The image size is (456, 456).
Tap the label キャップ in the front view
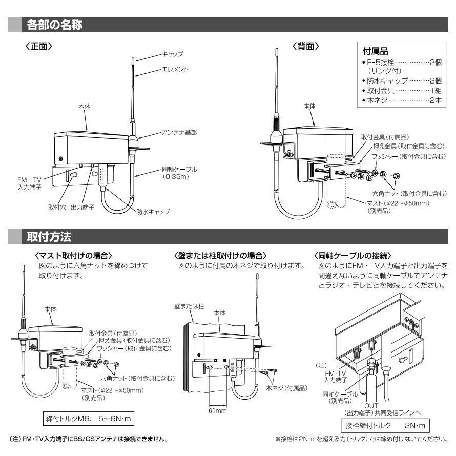click(x=172, y=53)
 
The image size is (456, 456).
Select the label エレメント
click(x=175, y=69)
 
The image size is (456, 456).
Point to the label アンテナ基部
click(x=179, y=132)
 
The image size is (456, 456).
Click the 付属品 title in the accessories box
click(x=375, y=52)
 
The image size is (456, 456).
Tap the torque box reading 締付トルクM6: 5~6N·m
click(x=90, y=419)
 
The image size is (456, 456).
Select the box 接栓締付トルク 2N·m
click(x=385, y=426)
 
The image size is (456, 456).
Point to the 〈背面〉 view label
click(x=306, y=46)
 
